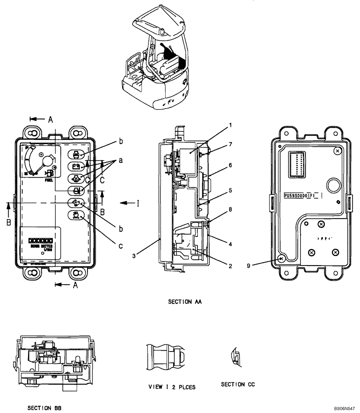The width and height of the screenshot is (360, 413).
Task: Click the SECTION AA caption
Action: pos(184,302)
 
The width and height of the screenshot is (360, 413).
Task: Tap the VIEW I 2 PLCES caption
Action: pos(172,387)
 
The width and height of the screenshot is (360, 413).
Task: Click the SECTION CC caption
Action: pos(238,385)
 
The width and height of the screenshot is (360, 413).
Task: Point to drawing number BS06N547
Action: pos(344,408)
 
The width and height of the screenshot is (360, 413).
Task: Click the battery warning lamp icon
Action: pos(76,166)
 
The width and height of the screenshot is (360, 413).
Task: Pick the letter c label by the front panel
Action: pos(121,247)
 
